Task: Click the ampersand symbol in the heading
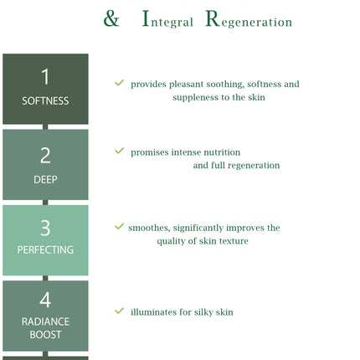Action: (111, 18)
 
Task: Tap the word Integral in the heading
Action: (167, 19)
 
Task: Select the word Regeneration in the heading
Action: (249, 19)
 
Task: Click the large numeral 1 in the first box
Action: (45, 76)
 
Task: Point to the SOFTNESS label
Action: (45, 100)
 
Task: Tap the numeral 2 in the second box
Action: (45, 156)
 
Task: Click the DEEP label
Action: (45, 179)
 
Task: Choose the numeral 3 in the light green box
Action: (45, 228)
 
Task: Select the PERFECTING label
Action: (45, 249)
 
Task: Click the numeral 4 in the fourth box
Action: (45, 300)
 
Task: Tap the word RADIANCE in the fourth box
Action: (45, 321)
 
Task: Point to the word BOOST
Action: (45, 335)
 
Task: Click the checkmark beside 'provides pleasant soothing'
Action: (119, 83)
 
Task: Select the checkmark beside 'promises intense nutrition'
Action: (119, 151)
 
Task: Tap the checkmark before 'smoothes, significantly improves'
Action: (119, 226)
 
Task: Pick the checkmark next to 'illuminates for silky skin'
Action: (119, 311)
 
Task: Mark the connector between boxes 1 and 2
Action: (45, 126)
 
